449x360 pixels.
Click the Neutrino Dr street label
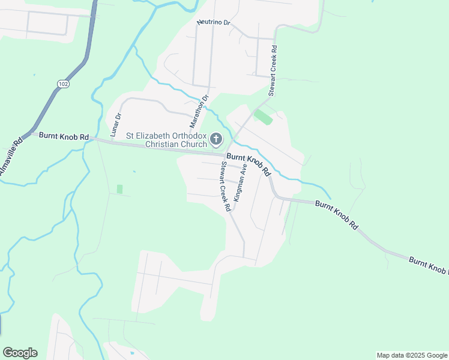pyautogui.click(x=214, y=22)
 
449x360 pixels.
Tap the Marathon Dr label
pyautogui.click(x=199, y=112)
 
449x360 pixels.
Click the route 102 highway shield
pyautogui.click(x=64, y=84)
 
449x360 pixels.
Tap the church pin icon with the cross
pyautogui.click(x=216, y=140)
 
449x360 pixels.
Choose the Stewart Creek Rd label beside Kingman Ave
pyautogui.click(x=226, y=187)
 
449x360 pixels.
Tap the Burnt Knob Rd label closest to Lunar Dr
pyautogui.click(x=64, y=136)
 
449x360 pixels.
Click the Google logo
pyautogui.click(x=20, y=353)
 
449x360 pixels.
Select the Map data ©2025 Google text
pyautogui.click(x=412, y=355)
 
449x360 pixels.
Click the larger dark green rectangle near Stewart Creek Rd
pyautogui.click(x=263, y=117)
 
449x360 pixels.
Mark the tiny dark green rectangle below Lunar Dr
pyautogui.click(x=119, y=189)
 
